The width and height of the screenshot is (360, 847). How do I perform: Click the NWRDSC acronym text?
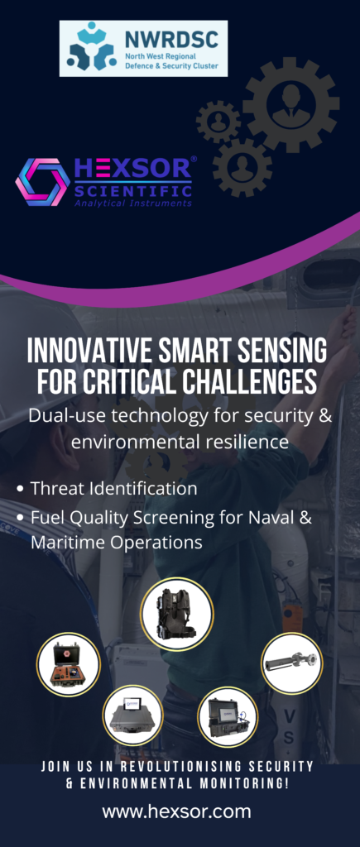tap(171, 40)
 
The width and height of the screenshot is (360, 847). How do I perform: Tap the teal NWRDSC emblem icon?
tap(92, 48)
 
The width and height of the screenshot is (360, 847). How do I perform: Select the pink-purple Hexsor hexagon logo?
tap(42, 182)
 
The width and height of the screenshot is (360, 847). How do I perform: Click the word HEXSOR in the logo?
tap(132, 169)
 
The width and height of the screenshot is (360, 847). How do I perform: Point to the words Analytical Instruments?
tap(133, 203)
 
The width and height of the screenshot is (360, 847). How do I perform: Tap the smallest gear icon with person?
tap(218, 122)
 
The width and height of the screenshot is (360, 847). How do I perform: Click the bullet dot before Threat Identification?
tap(21, 489)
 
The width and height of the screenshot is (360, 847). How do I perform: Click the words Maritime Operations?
tap(117, 543)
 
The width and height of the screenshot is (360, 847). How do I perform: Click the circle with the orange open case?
tap(68, 664)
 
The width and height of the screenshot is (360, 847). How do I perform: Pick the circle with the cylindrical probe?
tap(292, 663)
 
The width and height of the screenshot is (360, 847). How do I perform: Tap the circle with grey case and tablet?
tap(132, 715)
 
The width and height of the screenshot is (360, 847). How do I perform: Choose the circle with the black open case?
tap(228, 717)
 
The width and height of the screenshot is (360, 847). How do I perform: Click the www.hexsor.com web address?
tap(177, 811)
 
